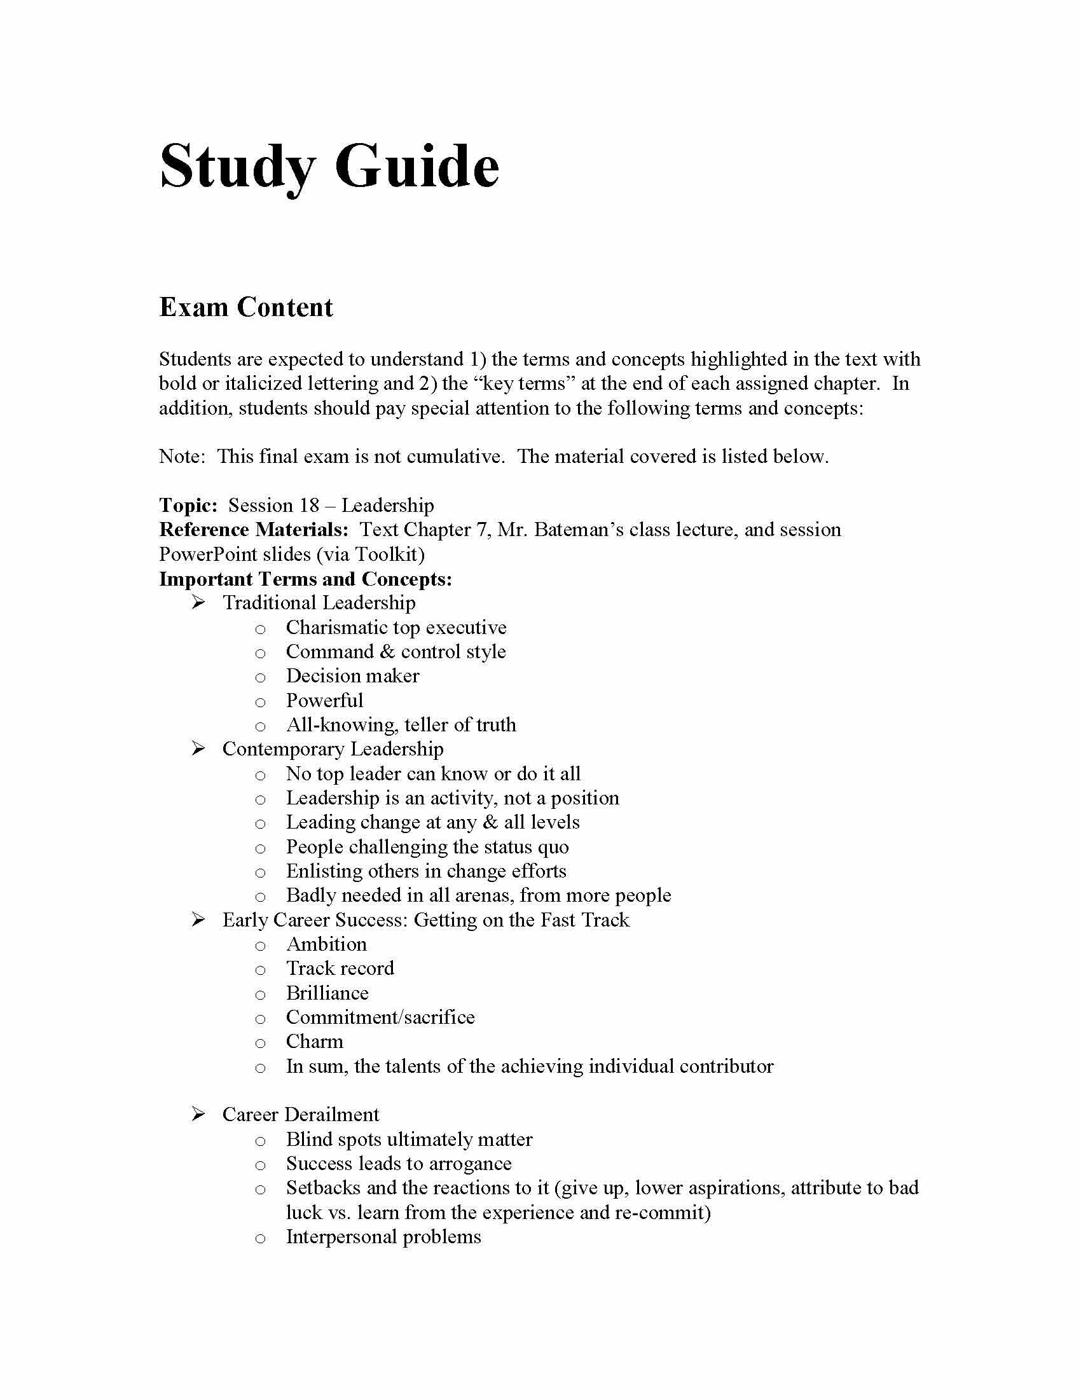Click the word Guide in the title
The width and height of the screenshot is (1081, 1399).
pyautogui.click(x=417, y=166)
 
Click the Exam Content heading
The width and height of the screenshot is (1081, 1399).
pyautogui.click(x=246, y=308)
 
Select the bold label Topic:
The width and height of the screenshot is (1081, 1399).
pyautogui.click(x=188, y=506)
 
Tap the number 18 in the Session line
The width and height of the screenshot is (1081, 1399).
pyautogui.click(x=308, y=506)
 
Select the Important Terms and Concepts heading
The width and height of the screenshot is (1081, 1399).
pyautogui.click(x=305, y=579)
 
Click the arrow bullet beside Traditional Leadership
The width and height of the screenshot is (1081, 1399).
pyautogui.click(x=198, y=603)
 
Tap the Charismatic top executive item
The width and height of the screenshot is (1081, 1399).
pyautogui.click(x=396, y=627)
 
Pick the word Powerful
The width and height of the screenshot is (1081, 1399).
pyautogui.click(x=324, y=700)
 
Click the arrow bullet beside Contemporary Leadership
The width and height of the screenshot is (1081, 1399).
pyautogui.click(x=198, y=749)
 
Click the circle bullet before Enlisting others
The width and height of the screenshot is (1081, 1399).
pyautogui.click(x=260, y=872)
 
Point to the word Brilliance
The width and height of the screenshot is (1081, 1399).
pyautogui.click(x=327, y=993)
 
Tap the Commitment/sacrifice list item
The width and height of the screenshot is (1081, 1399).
pyautogui.click(x=380, y=1017)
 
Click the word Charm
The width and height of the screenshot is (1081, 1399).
pyautogui.click(x=314, y=1042)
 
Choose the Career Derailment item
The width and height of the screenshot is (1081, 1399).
pyautogui.click(x=300, y=1115)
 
